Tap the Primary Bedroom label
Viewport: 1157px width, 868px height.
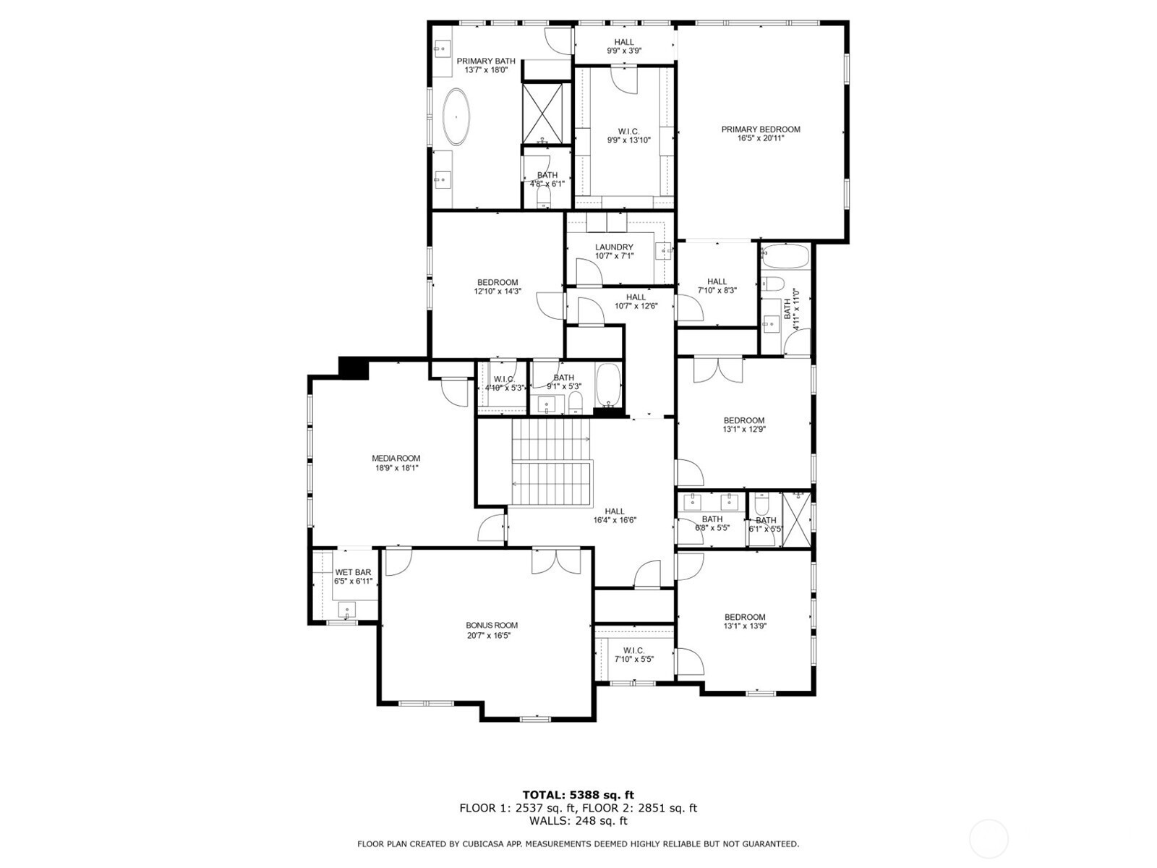(760, 129)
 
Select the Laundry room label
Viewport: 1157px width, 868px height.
(613, 247)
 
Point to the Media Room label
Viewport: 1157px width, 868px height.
(396, 459)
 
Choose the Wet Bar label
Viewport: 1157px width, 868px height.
(353, 572)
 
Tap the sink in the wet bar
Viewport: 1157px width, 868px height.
(347, 609)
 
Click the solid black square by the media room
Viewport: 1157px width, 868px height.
(353, 367)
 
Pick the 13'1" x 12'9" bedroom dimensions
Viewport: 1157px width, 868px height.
(744, 429)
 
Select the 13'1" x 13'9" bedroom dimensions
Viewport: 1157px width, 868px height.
(744, 626)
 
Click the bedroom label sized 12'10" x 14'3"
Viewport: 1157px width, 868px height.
(497, 283)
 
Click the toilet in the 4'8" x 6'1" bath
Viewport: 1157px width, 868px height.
(543, 197)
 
